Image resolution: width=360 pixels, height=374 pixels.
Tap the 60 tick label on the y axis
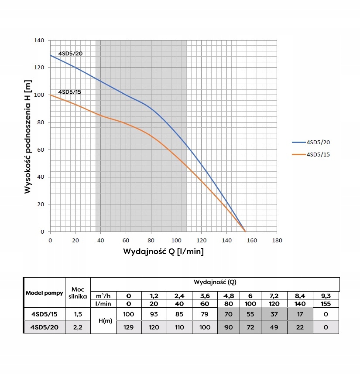click(x=41, y=150)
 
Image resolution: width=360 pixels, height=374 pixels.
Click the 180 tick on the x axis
click(x=275, y=240)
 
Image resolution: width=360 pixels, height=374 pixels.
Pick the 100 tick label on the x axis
click(x=176, y=240)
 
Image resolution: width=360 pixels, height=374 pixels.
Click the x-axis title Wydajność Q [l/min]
click(x=164, y=252)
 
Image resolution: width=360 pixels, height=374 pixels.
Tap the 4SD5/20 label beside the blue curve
click(x=70, y=54)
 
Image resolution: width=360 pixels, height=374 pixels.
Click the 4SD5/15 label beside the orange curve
click(x=70, y=92)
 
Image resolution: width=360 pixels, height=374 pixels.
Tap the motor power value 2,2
click(x=78, y=326)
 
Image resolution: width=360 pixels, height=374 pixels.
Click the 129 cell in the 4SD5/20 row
click(x=129, y=326)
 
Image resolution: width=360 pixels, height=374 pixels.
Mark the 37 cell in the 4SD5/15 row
click(x=274, y=314)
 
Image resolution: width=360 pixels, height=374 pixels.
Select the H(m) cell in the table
click(x=103, y=320)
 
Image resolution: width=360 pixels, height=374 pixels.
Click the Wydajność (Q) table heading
click(x=215, y=282)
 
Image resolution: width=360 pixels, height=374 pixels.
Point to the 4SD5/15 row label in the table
click(x=44, y=314)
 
